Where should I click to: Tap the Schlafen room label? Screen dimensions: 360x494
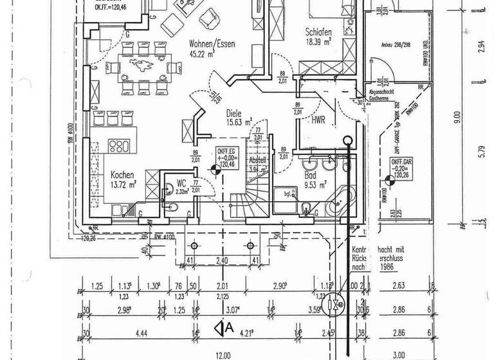318,30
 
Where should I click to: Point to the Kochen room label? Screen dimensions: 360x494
122,174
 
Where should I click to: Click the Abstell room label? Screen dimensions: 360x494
257,160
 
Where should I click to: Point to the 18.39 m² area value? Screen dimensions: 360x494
318,40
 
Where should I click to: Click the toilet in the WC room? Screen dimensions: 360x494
176,206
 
